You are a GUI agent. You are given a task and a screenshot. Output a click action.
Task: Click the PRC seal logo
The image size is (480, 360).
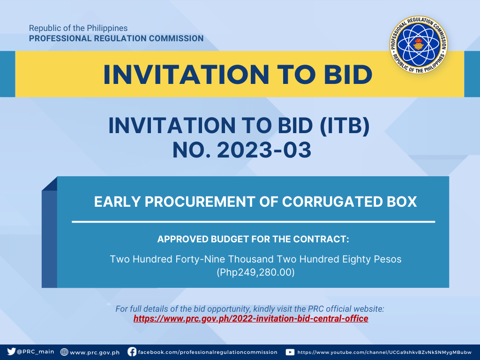419,45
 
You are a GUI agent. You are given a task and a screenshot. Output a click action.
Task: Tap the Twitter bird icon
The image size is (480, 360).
11,352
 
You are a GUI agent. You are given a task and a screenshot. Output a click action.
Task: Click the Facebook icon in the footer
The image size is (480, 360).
132,352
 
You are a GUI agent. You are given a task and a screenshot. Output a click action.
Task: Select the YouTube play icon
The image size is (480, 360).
290,352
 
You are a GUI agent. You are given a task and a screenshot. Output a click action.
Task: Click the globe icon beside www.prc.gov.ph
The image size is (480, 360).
64,352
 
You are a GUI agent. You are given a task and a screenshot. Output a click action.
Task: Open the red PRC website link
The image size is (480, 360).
251,319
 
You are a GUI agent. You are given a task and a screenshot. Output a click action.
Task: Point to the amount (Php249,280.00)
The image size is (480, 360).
255,272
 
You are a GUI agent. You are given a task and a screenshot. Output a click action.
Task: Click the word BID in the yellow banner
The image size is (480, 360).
348,75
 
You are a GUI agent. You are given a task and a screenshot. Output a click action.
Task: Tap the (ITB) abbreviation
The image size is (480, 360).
345,126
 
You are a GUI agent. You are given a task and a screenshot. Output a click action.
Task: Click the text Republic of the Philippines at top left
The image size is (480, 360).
78,28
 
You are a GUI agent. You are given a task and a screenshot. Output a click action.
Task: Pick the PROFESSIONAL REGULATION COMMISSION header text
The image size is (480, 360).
116,38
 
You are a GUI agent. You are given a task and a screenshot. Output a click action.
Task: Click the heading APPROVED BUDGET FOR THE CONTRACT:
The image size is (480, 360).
253,239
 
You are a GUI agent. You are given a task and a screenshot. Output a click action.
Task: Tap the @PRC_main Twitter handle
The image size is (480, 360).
35,352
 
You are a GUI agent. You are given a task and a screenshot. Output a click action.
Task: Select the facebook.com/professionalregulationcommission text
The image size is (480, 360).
208,352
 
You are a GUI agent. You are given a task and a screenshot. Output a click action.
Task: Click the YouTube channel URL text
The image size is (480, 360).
384,352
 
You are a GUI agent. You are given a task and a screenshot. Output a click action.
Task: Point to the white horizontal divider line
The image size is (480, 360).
254,222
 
